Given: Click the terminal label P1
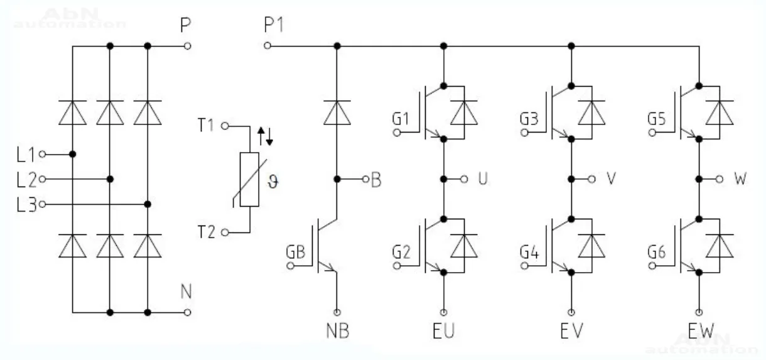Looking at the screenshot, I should pyautogui.click(x=274, y=26).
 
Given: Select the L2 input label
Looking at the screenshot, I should pyautogui.click(x=27, y=179).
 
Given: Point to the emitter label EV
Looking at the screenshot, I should pyautogui.click(x=571, y=330).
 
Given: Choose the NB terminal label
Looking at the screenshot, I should pyautogui.click(x=337, y=330).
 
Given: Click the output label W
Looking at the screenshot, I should pyautogui.click(x=740, y=179).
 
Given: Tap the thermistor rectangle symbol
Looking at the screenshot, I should pyautogui.click(x=249, y=180).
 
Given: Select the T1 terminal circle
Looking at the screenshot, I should pyautogui.click(x=224, y=126).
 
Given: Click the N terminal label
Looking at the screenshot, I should pyautogui.click(x=186, y=292).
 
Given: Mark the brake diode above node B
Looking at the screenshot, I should pyautogui.click(x=337, y=114).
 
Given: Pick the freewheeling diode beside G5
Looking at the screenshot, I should pyautogui.click(x=718, y=113).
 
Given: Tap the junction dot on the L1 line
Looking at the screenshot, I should pyautogui.click(x=73, y=154).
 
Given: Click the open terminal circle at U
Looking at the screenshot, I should pyautogui.click(x=464, y=179).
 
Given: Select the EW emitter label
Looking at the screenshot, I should pyautogui.click(x=699, y=330).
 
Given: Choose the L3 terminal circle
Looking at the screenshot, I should pyautogui.click(x=42, y=204).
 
